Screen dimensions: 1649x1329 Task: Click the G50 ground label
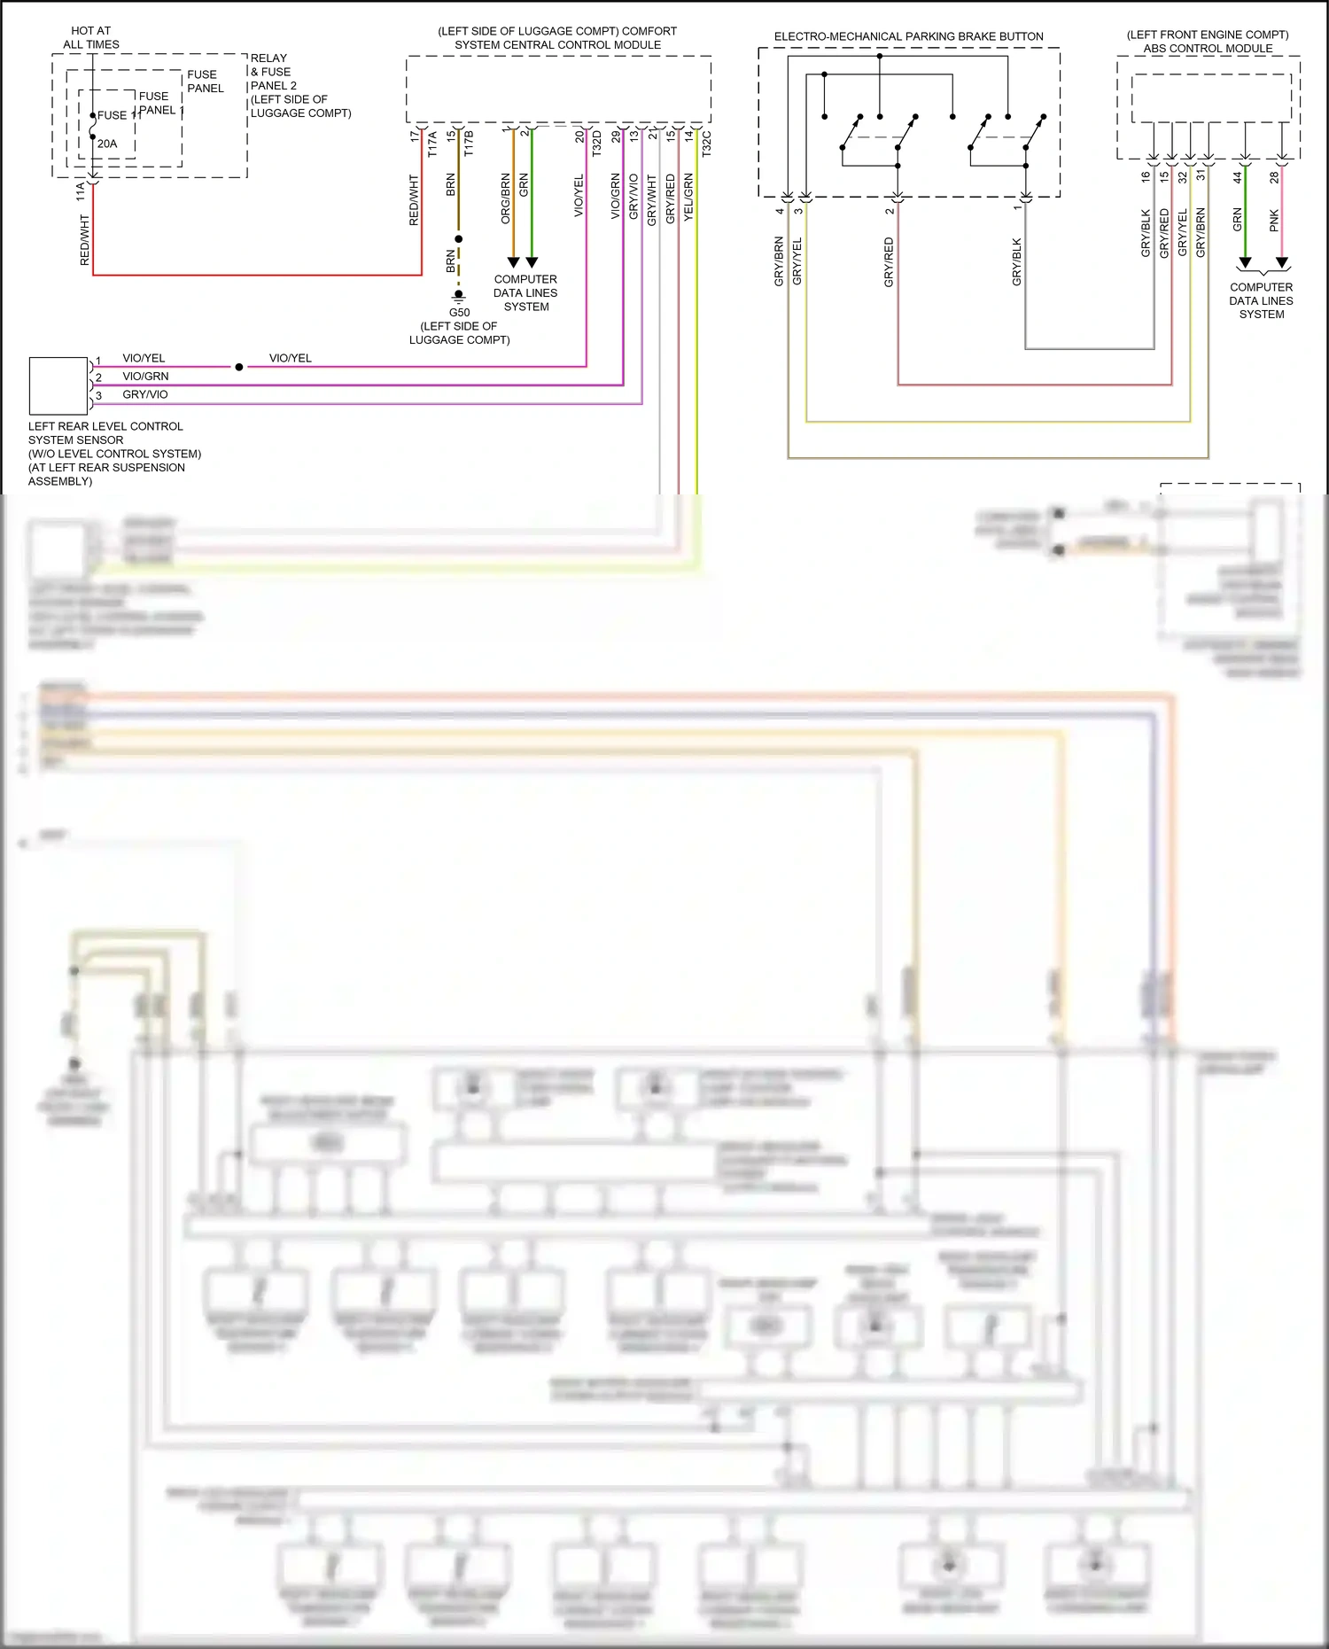coord(459,312)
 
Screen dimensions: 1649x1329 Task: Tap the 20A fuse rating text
coord(107,144)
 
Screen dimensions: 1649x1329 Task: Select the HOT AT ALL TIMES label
coord(90,37)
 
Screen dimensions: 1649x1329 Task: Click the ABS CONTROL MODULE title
coord(1208,48)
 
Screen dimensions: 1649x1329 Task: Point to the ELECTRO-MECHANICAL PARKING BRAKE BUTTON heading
coord(908,36)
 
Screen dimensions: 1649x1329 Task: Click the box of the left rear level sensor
coord(58,386)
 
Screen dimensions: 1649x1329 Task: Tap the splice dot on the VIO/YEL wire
coord(239,367)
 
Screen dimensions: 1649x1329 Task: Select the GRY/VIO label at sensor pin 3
coord(145,394)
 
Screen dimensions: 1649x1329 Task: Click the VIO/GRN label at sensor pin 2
coord(145,376)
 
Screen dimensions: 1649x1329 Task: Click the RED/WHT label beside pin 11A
coord(85,240)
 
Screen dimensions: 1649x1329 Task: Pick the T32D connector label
coord(597,144)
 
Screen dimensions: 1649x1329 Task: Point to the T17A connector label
coord(432,144)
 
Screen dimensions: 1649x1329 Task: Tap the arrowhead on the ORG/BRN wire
coord(513,262)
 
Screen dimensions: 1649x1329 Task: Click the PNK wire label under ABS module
coord(1274,221)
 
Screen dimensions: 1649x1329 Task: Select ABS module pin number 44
coord(1238,177)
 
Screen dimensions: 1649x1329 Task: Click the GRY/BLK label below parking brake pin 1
coord(1017,261)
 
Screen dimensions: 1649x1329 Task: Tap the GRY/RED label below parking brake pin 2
coord(889,261)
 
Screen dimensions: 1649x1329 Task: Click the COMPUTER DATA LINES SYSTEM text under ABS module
coord(1261,300)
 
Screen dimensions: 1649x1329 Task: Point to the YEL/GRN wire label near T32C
coord(688,197)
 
